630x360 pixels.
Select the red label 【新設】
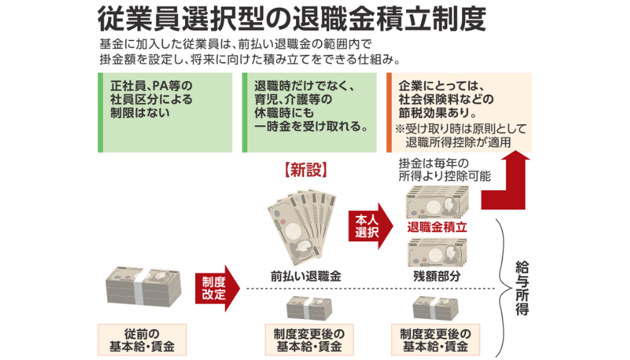point(306,170)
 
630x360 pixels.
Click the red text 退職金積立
point(437,226)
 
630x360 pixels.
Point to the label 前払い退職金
point(306,275)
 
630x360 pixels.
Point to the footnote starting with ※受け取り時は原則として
point(461,135)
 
